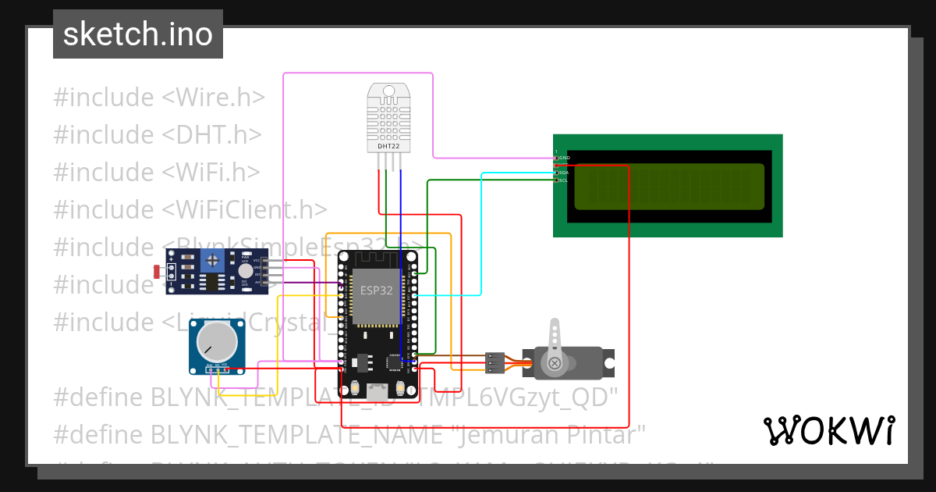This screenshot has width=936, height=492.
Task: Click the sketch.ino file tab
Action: (137, 34)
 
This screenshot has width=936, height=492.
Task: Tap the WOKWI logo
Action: (828, 430)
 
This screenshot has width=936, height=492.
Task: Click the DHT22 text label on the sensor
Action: (388, 146)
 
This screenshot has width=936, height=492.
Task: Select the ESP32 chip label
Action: (376, 290)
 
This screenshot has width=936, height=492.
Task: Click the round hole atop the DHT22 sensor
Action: (388, 91)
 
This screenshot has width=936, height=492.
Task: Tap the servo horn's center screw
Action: (555, 363)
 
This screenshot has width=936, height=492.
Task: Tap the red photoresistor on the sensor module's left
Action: (158, 272)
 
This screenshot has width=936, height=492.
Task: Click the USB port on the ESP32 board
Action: (378, 390)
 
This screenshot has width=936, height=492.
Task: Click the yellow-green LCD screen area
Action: (669, 187)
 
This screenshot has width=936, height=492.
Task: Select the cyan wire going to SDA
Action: (482, 234)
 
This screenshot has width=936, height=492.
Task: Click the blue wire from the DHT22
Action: (401, 258)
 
